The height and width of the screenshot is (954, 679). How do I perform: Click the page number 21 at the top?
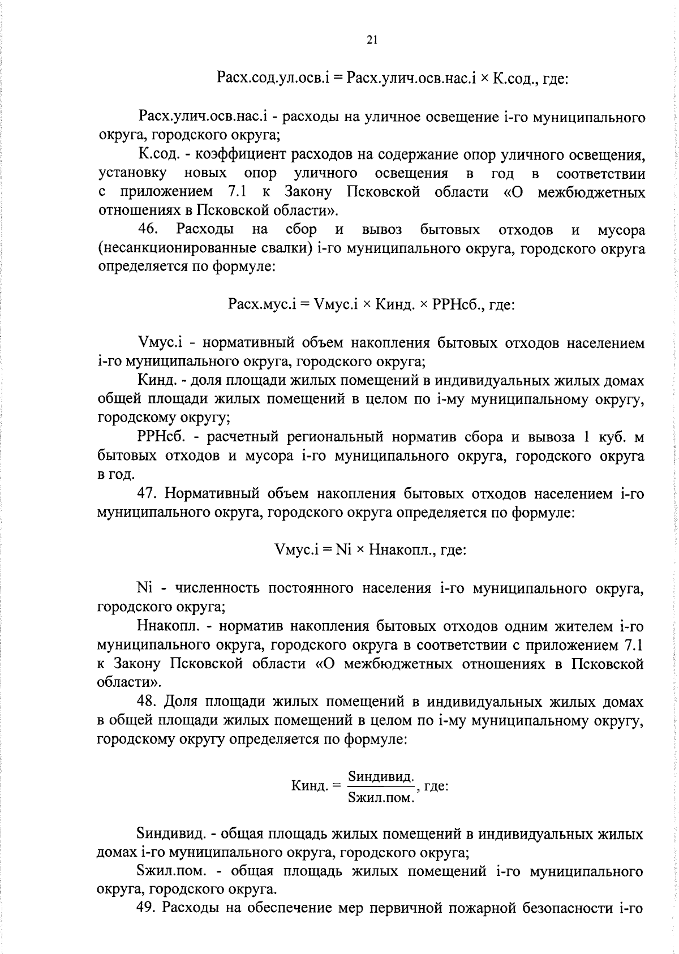[x=372, y=39]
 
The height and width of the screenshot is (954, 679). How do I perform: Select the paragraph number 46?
[x=150, y=229]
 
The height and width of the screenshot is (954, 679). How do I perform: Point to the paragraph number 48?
[x=147, y=701]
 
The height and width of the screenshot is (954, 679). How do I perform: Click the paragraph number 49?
[x=147, y=908]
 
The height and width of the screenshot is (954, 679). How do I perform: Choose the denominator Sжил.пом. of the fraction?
[x=381, y=797]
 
